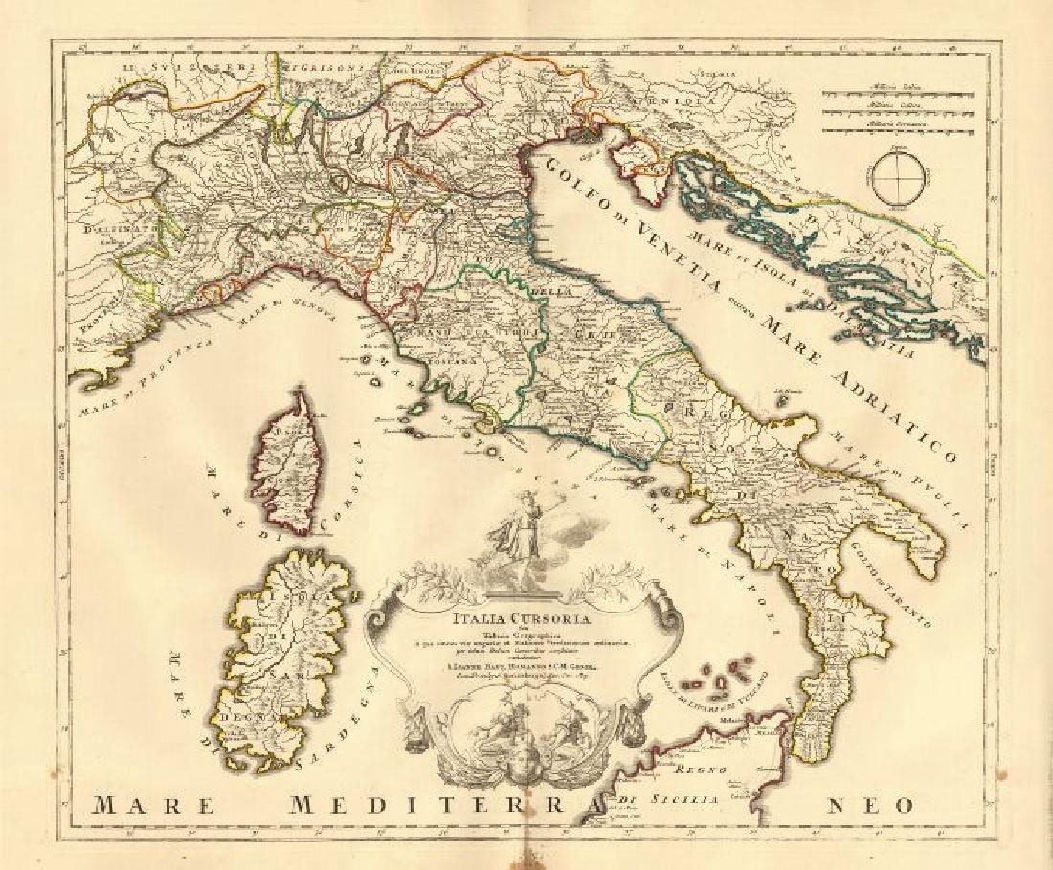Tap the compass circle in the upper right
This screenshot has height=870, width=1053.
(x=897, y=175)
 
